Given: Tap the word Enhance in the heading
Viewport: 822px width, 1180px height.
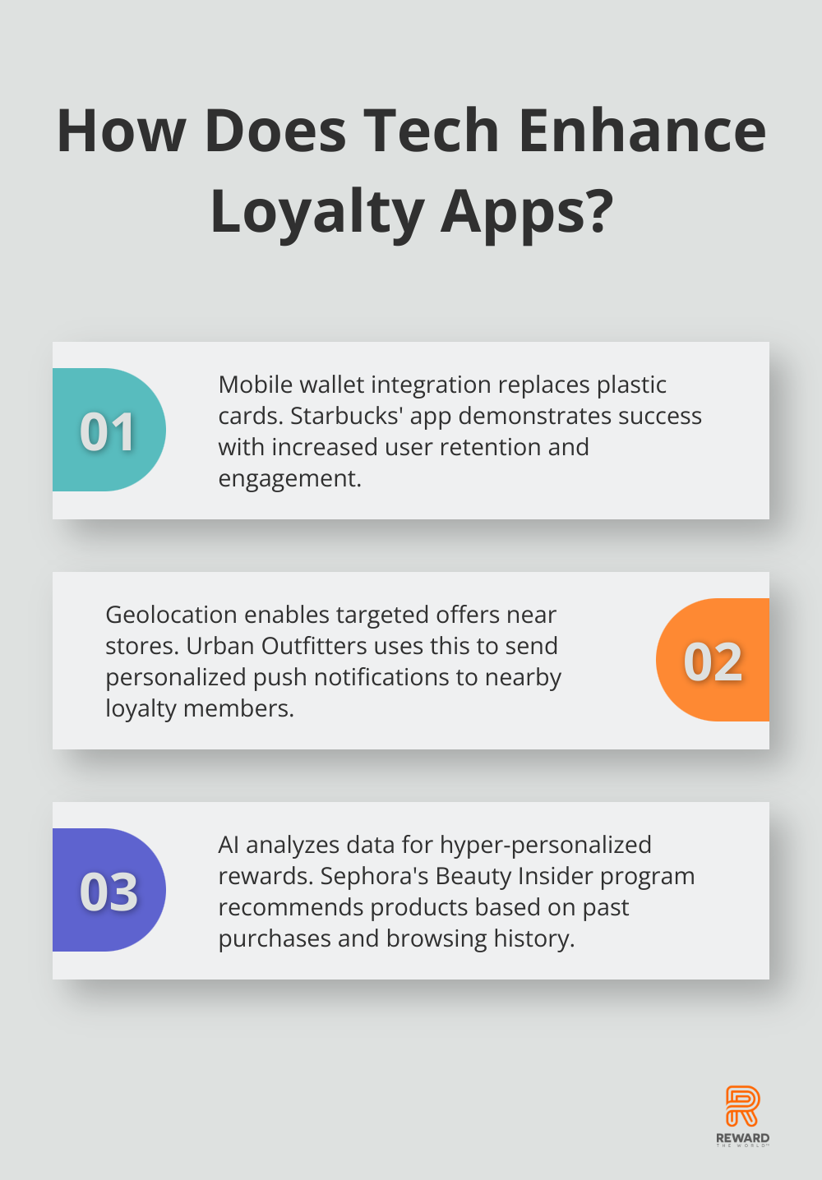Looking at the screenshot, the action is click(642, 130).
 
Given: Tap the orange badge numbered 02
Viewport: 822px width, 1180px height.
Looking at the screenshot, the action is click(713, 660).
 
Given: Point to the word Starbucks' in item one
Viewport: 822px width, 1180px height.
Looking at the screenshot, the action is click(347, 416).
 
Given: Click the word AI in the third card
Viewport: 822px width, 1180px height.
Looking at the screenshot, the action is click(229, 845).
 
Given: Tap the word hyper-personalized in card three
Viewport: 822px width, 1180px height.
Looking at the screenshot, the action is click(545, 846).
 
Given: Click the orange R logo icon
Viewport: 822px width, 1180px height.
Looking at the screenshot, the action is click(742, 1106).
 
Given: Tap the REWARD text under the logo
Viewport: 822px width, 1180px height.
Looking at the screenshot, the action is click(742, 1138).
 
